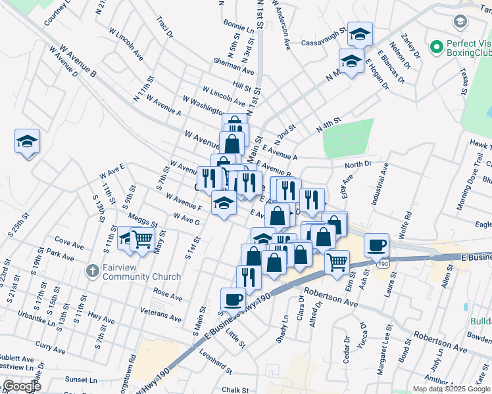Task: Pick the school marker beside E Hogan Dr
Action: [351, 62]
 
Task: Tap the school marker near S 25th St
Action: [28, 142]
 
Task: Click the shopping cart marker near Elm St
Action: [337, 262]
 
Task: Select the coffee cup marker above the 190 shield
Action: [376, 246]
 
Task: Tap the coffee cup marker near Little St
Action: [233, 300]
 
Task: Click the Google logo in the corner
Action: [21, 386]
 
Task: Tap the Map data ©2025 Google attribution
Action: [451, 389]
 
